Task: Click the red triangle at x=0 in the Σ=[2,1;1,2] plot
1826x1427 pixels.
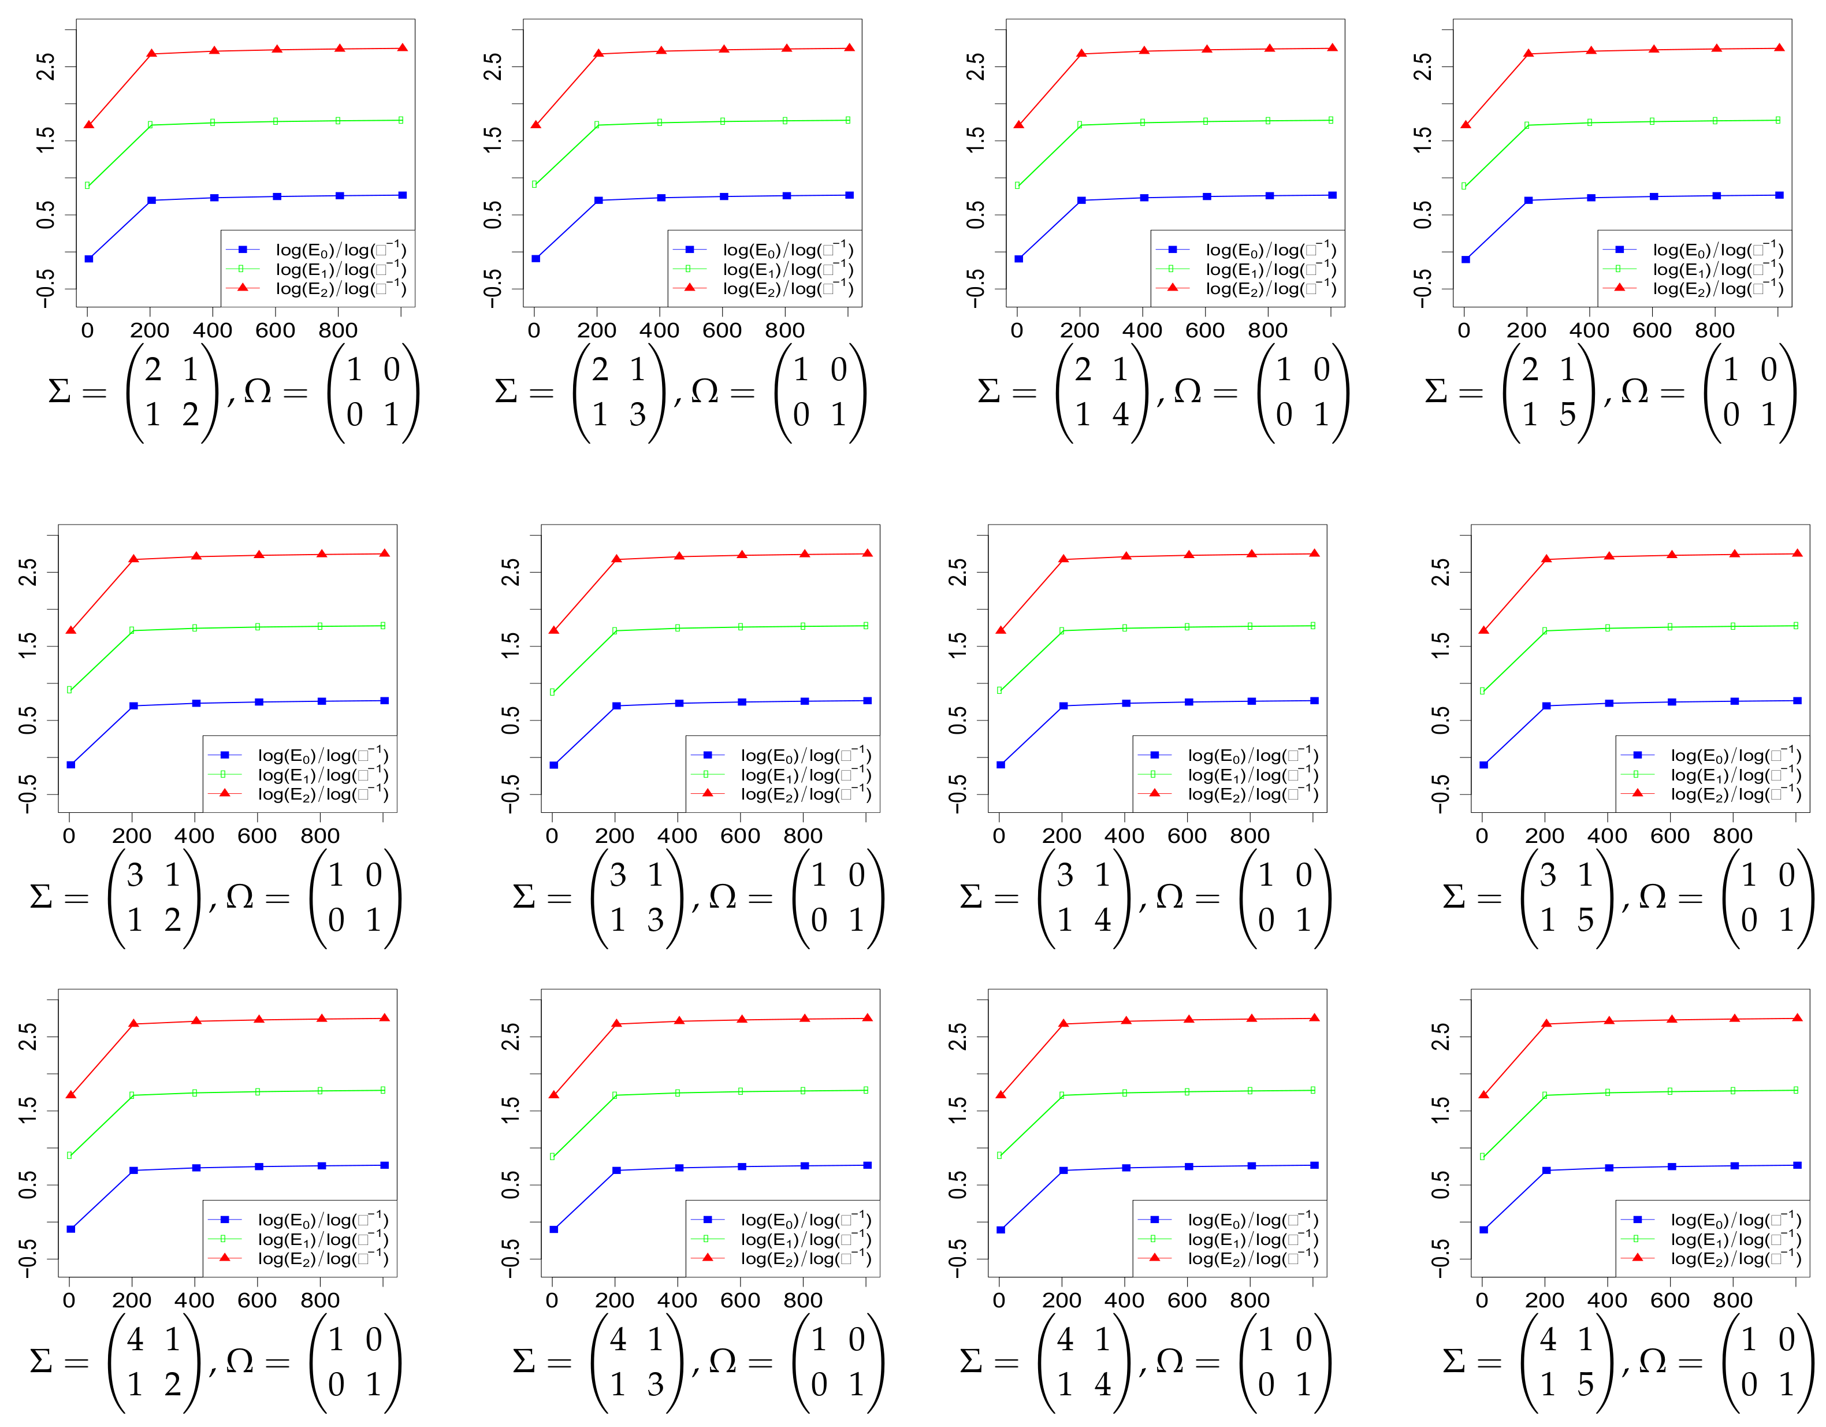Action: point(88,125)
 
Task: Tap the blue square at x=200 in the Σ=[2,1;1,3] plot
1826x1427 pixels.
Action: point(598,200)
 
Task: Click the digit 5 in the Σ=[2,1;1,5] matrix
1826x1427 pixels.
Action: point(1568,415)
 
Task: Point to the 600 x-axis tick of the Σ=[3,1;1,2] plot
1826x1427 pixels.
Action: point(258,835)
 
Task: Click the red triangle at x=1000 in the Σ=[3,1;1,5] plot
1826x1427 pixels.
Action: point(1797,553)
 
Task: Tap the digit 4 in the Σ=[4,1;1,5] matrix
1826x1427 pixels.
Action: point(1548,1340)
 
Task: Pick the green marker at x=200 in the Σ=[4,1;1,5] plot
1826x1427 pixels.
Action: point(1546,1095)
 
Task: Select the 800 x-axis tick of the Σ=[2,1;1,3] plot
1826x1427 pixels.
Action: point(784,330)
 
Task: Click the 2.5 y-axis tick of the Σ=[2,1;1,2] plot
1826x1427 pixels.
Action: point(47,66)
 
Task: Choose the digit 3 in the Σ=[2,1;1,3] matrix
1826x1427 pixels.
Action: point(638,415)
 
